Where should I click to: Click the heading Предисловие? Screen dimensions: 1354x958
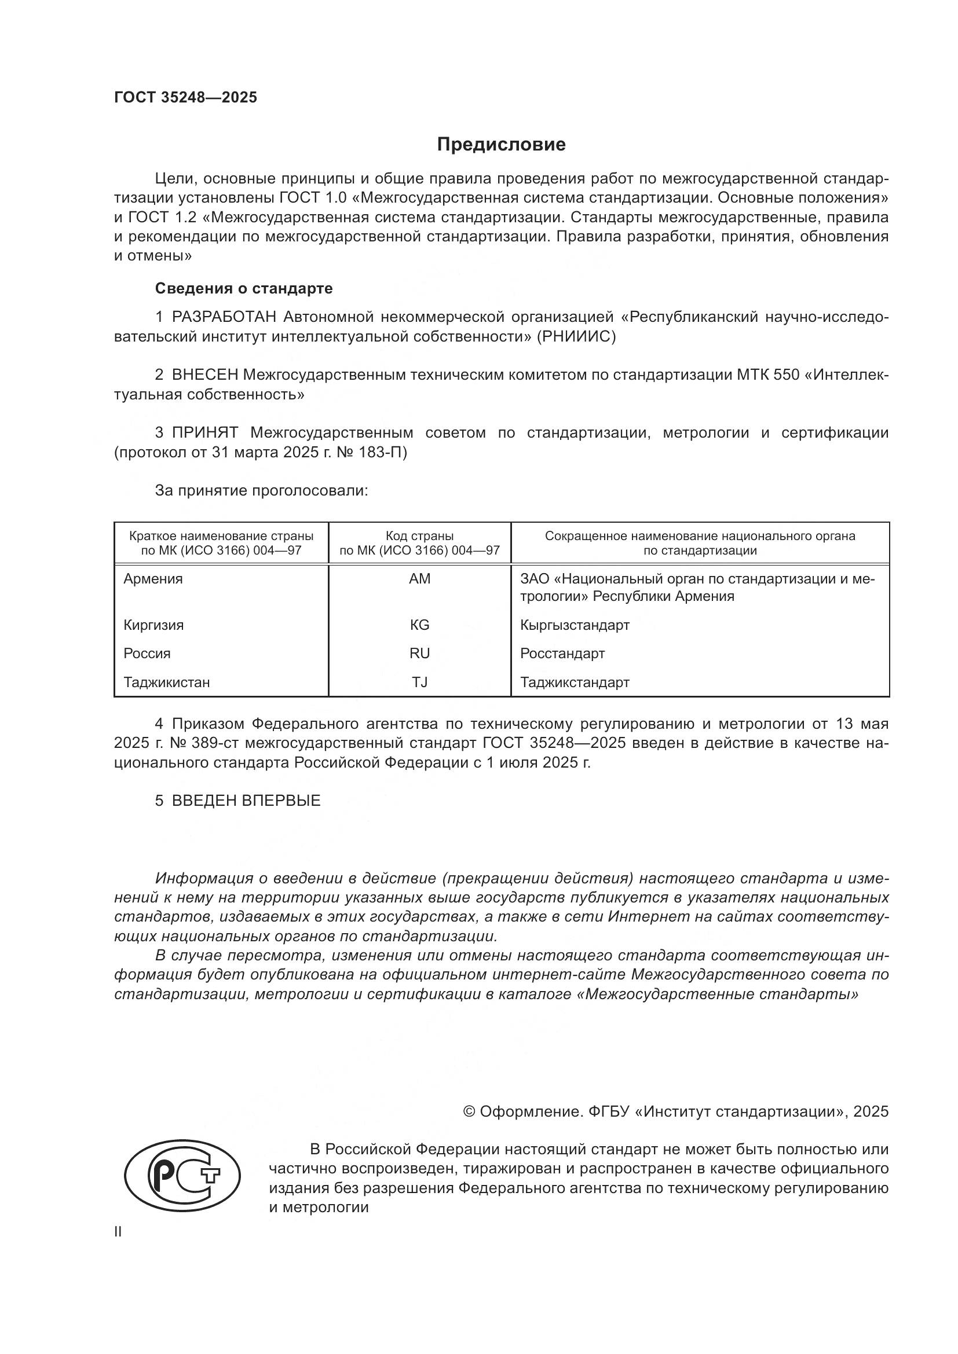tap(501, 145)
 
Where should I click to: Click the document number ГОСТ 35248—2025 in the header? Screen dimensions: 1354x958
tap(185, 98)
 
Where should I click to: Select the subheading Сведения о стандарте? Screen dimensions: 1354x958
tap(244, 288)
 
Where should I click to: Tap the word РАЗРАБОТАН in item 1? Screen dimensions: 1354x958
tap(224, 317)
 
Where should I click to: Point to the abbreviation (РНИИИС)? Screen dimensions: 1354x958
tap(576, 337)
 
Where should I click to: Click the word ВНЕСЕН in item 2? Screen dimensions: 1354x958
tap(204, 375)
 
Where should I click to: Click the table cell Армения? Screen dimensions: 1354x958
tap(153, 578)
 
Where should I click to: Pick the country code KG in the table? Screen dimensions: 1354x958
tap(419, 625)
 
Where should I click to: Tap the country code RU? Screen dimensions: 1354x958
tap(419, 654)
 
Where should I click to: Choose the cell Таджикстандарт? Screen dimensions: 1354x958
tap(575, 682)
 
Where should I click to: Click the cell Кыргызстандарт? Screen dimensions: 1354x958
tap(575, 625)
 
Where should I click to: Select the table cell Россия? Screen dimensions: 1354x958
tap(147, 654)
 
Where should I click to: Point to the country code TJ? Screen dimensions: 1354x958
tap(419, 682)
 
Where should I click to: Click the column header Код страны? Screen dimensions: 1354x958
tap(419, 536)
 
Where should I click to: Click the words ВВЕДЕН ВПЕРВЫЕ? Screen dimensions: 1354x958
tap(246, 800)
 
